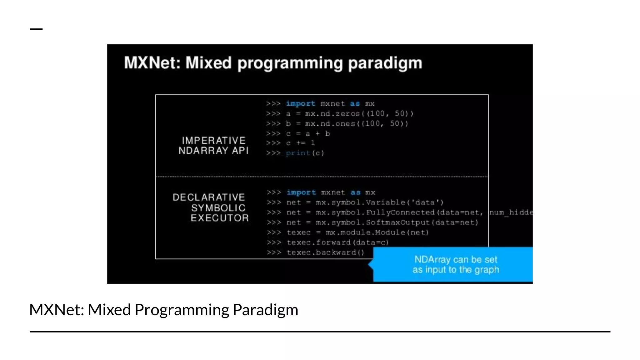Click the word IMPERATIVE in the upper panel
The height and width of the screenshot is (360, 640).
[x=214, y=140]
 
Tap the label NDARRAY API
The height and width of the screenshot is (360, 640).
[x=214, y=151]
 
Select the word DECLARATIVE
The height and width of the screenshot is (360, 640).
[x=209, y=197]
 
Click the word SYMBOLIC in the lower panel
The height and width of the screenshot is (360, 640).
[x=218, y=208]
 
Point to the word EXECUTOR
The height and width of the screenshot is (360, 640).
[x=220, y=218]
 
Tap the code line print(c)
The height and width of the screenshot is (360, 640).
[x=305, y=153]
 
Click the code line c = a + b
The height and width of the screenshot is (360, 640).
[x=308, y=134]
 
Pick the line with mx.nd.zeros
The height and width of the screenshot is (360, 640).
[x=349, y=113]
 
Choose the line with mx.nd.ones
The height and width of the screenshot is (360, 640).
[x=347, y=123]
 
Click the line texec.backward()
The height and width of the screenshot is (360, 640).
[x=325, y=252]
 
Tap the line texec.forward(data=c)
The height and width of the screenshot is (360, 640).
[x=337, y=242]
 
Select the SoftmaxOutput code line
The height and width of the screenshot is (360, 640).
[x=382, y=222]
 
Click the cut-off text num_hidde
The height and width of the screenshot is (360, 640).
[x=511, y=212]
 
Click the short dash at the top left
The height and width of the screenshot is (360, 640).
[x=36, y=29]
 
